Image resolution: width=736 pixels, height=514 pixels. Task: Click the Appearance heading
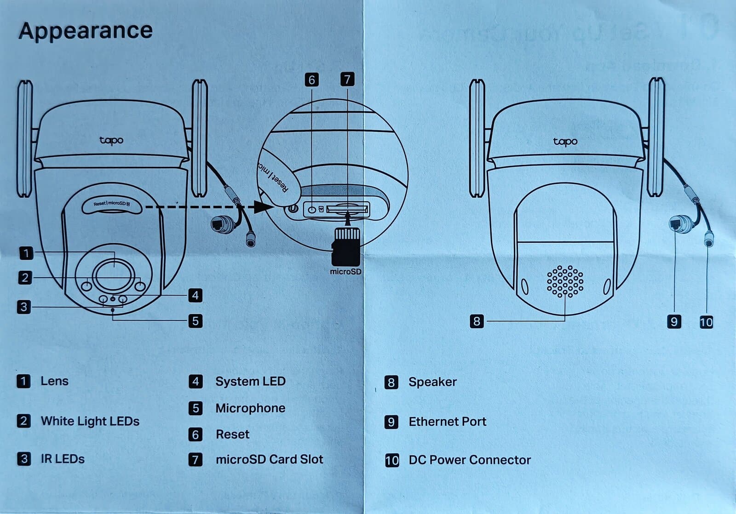pyautogui.click(x=86, y=31)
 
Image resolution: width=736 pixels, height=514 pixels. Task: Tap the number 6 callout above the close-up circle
pyautogui.click(x=311, y=80)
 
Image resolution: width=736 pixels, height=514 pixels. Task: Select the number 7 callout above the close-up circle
pyautogui.click(x=347, y=79)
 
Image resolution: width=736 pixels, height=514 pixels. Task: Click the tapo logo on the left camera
pyautogui.click(x=111, y=140)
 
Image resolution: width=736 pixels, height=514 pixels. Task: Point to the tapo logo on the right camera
pyautogui.click(x=565, y=142)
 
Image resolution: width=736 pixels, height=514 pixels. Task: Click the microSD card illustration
pyautogui.click(x=346, y=246)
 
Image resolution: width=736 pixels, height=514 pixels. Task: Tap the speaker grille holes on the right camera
pyautogui.click(x=565, y=281)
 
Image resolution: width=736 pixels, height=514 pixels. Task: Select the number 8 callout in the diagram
pyautogui.click(x=477, y=321)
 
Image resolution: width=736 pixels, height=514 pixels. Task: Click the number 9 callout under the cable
pyautogui.click(x=674, y=321)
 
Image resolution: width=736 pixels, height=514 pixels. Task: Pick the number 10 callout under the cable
pyautogui.click(x=706, y=322)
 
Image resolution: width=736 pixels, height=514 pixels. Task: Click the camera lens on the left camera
pyautogui.click(x=114, y=274)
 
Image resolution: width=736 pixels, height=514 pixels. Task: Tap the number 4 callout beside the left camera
pyautogui.click(x=195, y=295)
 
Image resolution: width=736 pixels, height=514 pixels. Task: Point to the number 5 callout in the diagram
pyautogui.click(x=195, y=320)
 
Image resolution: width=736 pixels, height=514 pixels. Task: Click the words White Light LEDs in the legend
pyautogui.click(x=90, y=421)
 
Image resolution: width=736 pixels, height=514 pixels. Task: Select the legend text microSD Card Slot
pyautogui.click(x=269, y=459)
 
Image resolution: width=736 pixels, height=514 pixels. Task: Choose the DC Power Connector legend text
pyautogui.click(x=470, y=460)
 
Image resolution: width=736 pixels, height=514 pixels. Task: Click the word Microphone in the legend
pyautogui.click(x=250, y=408)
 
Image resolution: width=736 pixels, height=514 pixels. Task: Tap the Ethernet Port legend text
pyautogui.click(x=447, y=422)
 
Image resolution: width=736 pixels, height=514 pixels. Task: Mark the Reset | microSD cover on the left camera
pyautogui.click(x=112, y=205)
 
